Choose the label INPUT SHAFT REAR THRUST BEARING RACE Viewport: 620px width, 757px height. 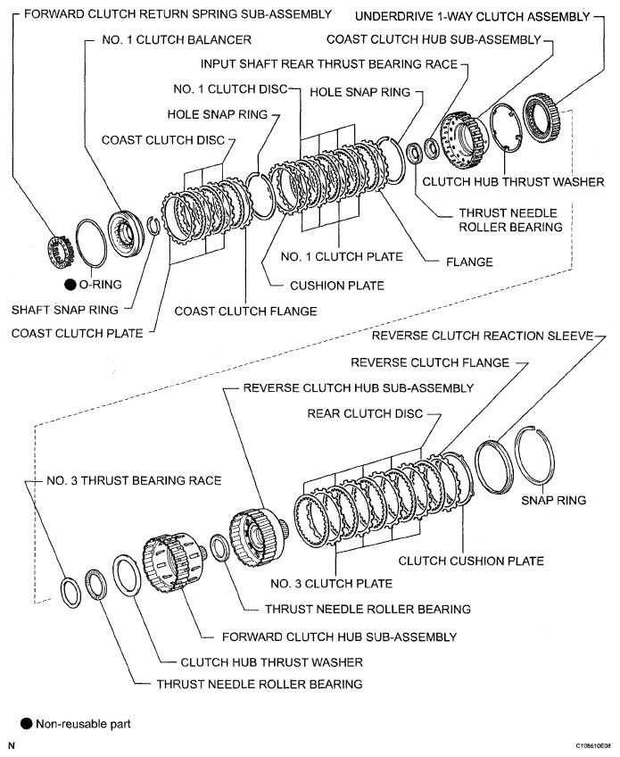(329, 65)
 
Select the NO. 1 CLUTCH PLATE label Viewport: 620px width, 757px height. (341, 257)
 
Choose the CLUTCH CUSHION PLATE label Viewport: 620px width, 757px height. (470, 562)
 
